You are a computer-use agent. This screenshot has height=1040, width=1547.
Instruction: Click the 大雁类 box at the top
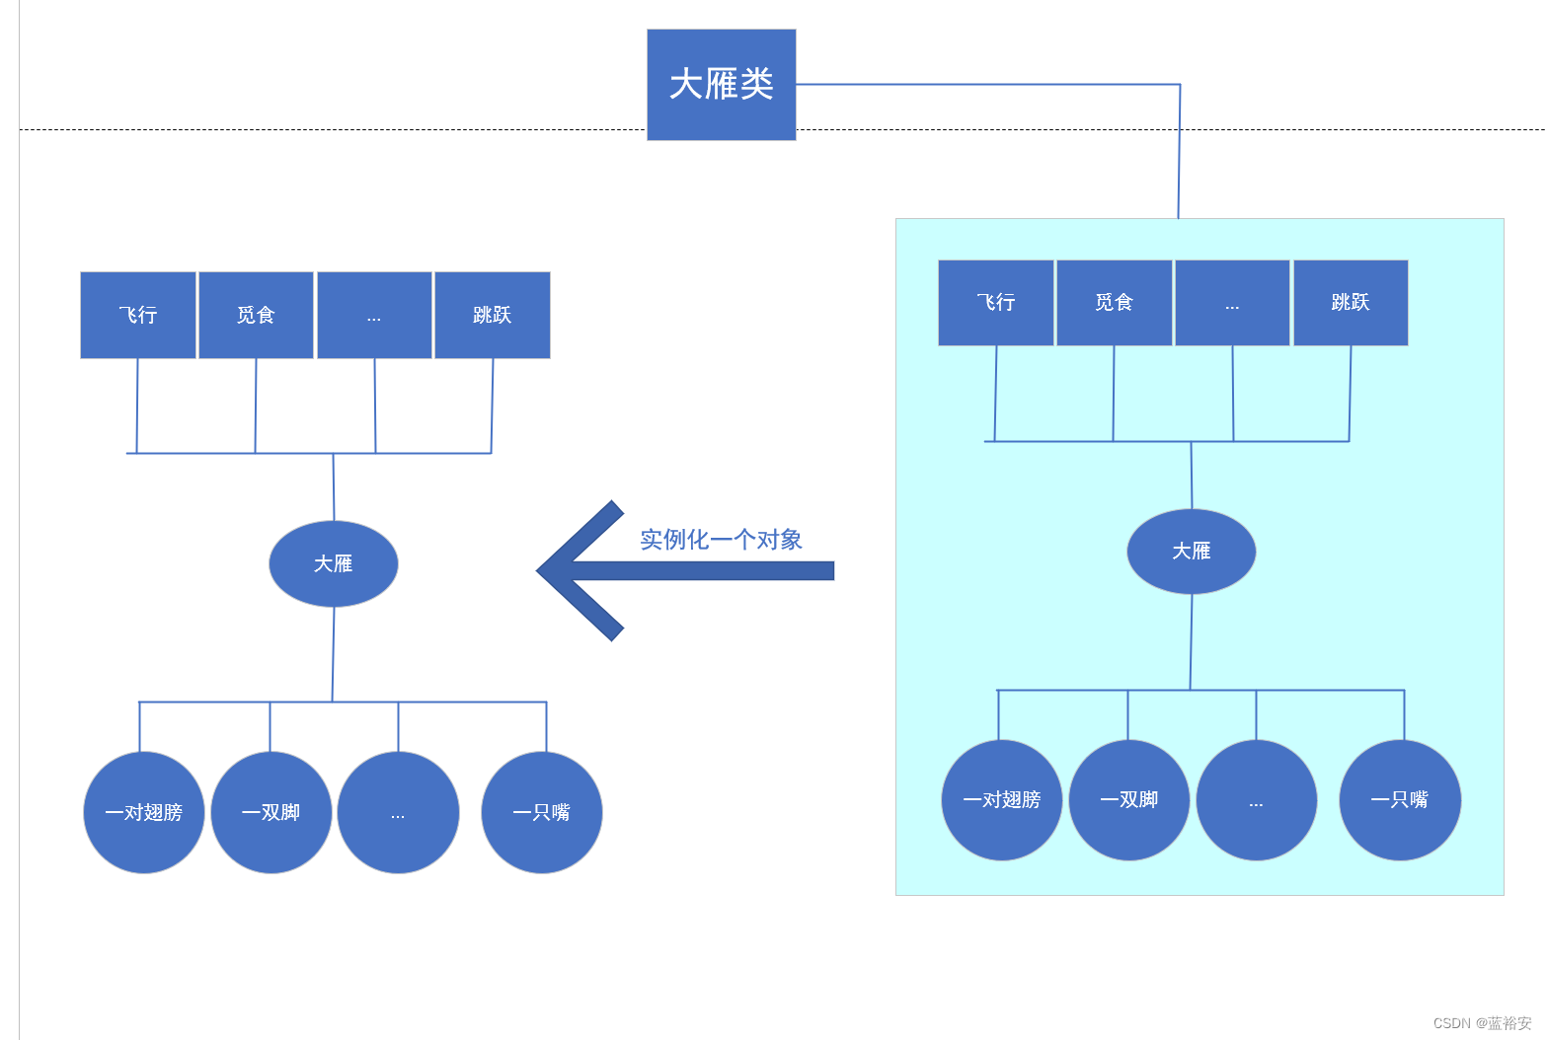click(721, 85)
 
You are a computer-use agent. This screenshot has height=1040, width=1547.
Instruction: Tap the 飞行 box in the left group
click(138, 315)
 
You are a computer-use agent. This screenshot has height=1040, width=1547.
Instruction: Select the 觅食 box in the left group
click(256, 315)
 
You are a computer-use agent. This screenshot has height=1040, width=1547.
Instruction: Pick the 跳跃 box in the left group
click(492, 315)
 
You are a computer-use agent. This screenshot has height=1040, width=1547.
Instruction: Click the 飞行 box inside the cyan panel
click(995, 303)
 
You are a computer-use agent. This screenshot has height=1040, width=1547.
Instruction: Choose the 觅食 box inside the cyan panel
click(1114, 303)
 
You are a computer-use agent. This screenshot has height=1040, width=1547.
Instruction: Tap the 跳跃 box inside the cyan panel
click(1350, 303)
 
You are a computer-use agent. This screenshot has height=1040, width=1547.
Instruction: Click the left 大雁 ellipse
click(334, 563)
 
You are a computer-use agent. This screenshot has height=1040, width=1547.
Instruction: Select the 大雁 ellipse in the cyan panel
click(1191, 552)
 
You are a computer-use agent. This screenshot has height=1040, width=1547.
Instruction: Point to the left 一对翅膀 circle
click(144, 812)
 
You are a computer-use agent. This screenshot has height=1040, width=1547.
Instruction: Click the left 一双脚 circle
click(271, 812)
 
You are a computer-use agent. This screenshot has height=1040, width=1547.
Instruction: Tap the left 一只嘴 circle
click(542, 812)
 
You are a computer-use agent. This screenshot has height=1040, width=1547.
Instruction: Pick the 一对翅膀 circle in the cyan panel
click(1002, 800)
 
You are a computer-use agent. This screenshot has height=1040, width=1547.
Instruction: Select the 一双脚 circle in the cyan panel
click(1129, 800)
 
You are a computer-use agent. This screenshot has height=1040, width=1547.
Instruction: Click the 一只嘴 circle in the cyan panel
click(1400, 800)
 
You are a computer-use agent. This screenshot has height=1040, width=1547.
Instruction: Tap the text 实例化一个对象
click(721, 540)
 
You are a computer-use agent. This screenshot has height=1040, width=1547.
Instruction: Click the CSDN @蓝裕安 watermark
click(1482, 1023)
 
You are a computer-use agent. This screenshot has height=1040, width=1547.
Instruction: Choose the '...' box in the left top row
click(374, 315)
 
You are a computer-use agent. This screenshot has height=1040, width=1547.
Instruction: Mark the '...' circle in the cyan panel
click(1256, 800)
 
